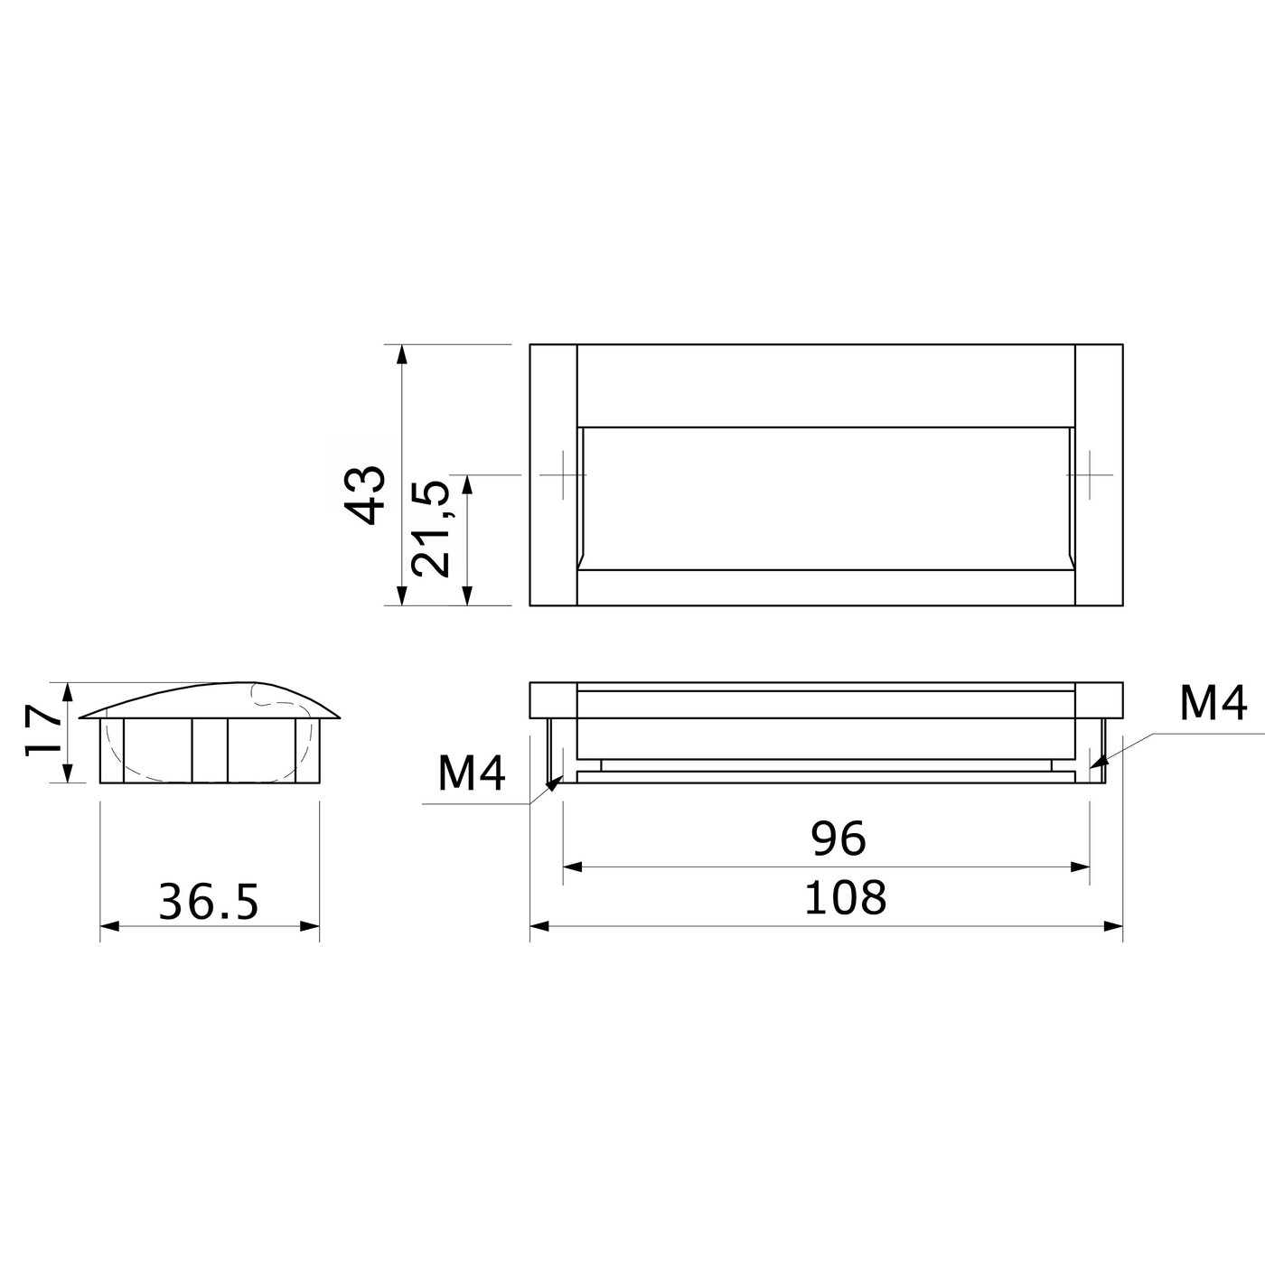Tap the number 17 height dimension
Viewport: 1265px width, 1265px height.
click(43, 732)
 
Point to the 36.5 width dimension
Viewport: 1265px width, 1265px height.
click(209, 902)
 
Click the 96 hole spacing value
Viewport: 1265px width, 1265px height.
click(839, 839)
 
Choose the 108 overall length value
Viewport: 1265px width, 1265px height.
click(846, 898)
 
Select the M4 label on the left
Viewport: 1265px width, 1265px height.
click(472, 773)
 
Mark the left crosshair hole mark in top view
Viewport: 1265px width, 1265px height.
click(563, 474)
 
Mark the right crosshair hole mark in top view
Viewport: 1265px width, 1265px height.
click(1090, 474)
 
